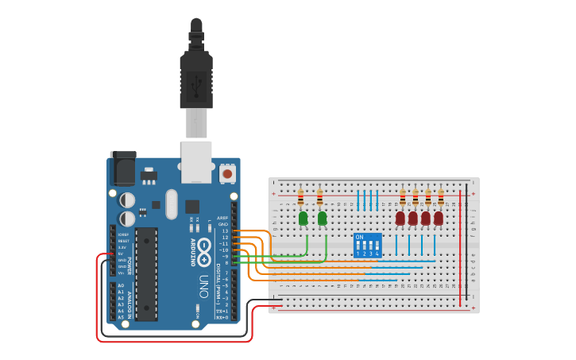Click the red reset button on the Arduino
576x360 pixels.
pyautogui.click(x=227, y=172)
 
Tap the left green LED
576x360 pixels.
pyautogui.click(x=303, y=218)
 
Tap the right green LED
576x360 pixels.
pyautogui.click(x=322, y=218)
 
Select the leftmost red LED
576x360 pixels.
pyautogui.click(x=400, y=218)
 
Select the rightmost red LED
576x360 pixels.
pyautogui.click(x=438, y=218)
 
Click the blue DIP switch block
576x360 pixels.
pyautogui.click(x=367, y=246)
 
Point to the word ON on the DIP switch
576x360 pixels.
pyautogui.click(x=359, y=237)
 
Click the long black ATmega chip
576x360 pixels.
pyautogui.click(x=146, y=273)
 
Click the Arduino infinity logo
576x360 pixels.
pyautogui.click(x=204, y=247)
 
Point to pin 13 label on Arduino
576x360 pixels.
pyautogui.click(x=226, y=231)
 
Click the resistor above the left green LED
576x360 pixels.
pyautogui.click(x=300, y=197)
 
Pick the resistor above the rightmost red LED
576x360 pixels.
pyautogui.click(x=441, y=197)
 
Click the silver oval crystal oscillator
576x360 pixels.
pyautogui.click(x=172, y=204)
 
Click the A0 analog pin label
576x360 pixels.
pyautogui.click(x=121, y=285)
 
